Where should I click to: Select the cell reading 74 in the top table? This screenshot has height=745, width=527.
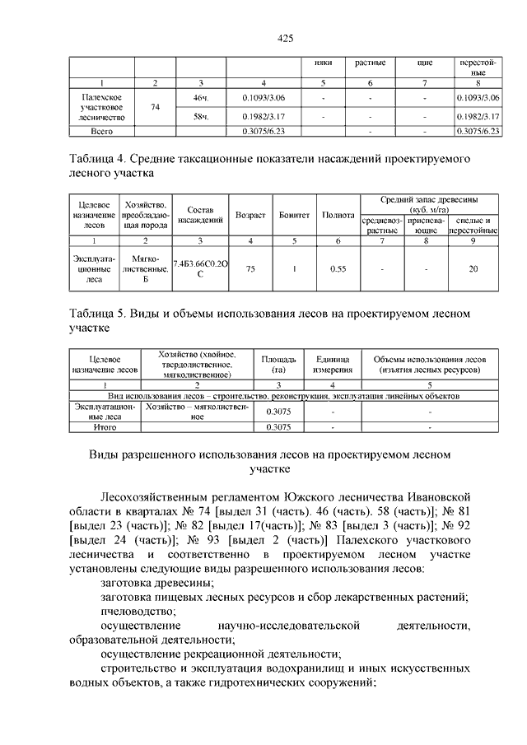click(x=154, y=107)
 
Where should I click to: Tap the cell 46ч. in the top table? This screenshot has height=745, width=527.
click(x=201, y=99)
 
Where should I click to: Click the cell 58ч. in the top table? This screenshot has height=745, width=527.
click(x=201, y=116)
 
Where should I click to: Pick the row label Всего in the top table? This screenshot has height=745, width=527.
click(x=101, y=131)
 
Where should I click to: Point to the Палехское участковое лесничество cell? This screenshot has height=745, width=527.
click(x=101, y=107)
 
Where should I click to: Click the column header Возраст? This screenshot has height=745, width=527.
click(x=250, y=215)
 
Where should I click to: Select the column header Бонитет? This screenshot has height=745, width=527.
click(x=294, y=215)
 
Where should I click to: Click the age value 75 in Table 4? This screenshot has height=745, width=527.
click(x=250, y=268)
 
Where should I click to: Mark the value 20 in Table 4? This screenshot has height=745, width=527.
click(x=473, y=268)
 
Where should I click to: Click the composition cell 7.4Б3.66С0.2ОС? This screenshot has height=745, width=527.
click(x=201, y=268)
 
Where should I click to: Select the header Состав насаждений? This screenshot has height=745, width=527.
click(x=201, y=215)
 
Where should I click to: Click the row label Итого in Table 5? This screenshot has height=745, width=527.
click(x=105, y=427)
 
